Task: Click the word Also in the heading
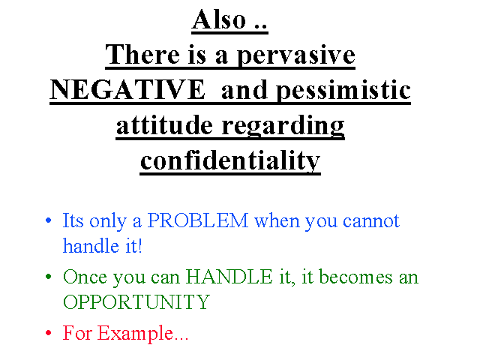click(219, 19)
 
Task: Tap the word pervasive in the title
click(296, 55)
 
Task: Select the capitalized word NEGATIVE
click(127, 89)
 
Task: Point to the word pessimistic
click(343, 90)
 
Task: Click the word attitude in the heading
click(164, 125)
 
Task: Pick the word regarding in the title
click(283, 126)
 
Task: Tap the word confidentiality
click(230, 160)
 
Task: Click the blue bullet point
click(48, 220)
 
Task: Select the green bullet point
click(48, 277)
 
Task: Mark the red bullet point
click(48, 333)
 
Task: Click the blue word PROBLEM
click(198, 220)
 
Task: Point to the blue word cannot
click(371, 220)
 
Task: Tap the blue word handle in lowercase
click(91, 245)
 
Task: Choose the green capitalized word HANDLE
click(229, 277)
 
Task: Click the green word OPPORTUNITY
click(136, 302)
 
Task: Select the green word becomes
click(355, 277)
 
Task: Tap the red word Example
click(135, 333)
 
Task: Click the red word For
click(77, 333)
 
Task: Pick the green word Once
click(85, 277)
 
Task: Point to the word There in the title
click(142, 55)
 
